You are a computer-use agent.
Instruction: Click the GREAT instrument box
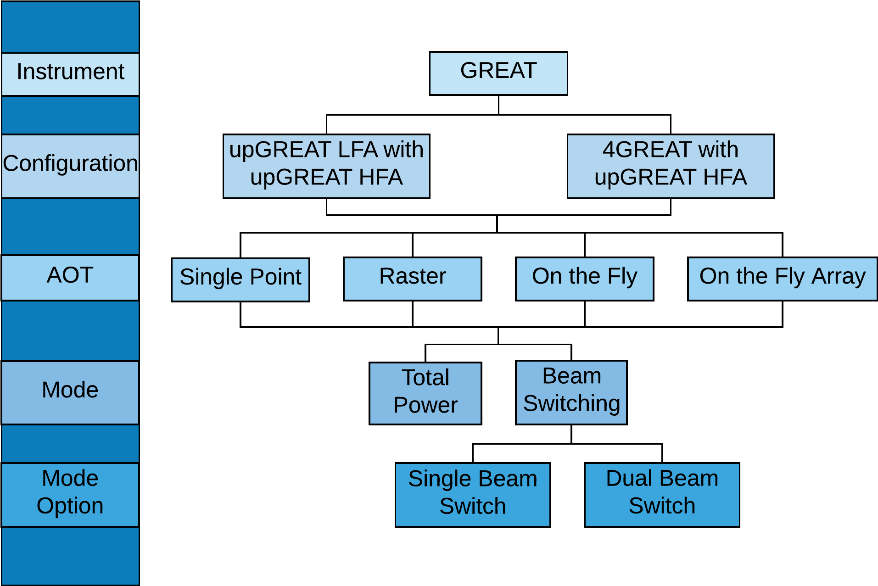coord(498,73)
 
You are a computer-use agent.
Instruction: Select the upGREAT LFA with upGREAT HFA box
coord(326,166)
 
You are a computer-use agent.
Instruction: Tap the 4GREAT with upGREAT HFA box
coord(670,166)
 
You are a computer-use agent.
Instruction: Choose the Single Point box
coord(240,279)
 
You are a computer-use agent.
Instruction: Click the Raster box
coord(412,279)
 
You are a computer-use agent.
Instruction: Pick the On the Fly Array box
coord(782,279)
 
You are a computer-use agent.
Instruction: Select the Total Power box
coord(425,393)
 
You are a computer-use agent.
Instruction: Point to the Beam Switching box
coord(571,392)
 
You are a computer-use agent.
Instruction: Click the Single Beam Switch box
coord(472,494)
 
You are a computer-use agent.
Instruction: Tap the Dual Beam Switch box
coord(662,494)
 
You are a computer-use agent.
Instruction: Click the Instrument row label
coord(70,74)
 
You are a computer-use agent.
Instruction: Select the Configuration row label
coord(70,166)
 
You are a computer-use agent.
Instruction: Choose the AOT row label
coord(70,278)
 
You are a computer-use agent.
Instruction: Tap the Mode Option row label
coord(70,494)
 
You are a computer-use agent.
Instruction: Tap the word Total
coord(425,378)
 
